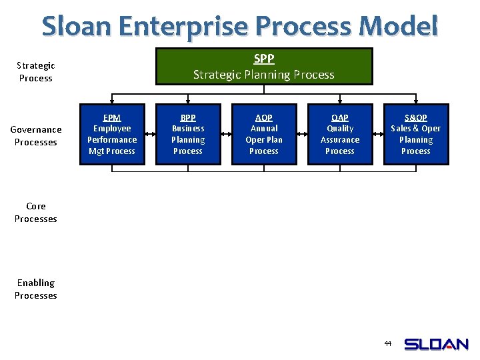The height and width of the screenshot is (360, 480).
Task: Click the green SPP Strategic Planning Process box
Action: pyautogui.click(x=264, y=66)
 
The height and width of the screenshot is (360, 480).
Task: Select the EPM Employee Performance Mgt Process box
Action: pyautogui.click(x=112, y=134)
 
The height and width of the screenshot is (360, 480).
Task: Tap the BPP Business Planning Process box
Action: pyautogui.click(x=188, y=134)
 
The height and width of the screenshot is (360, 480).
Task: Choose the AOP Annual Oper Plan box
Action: pyautogui.click(x=264, y=134)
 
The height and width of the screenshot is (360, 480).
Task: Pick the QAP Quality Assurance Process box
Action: pyautogui.click(x=340, y=134)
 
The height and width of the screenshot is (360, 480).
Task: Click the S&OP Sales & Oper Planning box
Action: pyautogui.click(x=416, y=134)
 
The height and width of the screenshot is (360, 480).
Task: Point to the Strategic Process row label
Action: pyautogui.click(x=36, y=71)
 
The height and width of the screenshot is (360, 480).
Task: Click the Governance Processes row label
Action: pyautogui.click(x=36, y=135)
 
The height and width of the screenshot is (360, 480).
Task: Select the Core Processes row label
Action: pyautogui.click(x=36, y=212)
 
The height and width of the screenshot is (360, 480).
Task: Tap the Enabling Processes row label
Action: pyautogui.click(x=36, y=289)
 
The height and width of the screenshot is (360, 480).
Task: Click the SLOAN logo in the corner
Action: pyautogui.click(x=437, y=344)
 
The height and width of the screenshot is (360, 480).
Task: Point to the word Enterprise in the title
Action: pyautogui.click(x=185, y=27)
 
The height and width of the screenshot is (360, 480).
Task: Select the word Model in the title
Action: pyautogui.click(x=398, y=27)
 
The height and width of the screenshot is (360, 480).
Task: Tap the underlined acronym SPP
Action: pyautogui.click(x=264, y=59)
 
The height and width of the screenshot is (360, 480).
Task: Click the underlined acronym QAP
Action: pyautogui.click(x=340, y=117)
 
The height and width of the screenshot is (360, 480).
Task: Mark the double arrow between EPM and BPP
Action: pyautogui.click(x=150, y=134)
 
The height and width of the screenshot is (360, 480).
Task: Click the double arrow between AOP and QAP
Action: pyautogui.click(x=302, y=134)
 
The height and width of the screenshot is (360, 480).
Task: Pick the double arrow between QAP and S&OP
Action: pyautogui.click(x=378, y=134)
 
